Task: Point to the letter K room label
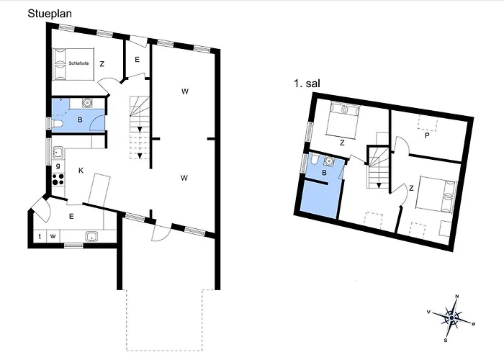(x=81, y=171)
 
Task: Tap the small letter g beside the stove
(x=58, y=166)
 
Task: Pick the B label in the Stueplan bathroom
(x=79, y=120)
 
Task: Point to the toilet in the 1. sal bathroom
(x=314, y=160)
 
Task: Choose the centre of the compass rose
(x=452, y=316)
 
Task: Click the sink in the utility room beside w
(x=91, y=236)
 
